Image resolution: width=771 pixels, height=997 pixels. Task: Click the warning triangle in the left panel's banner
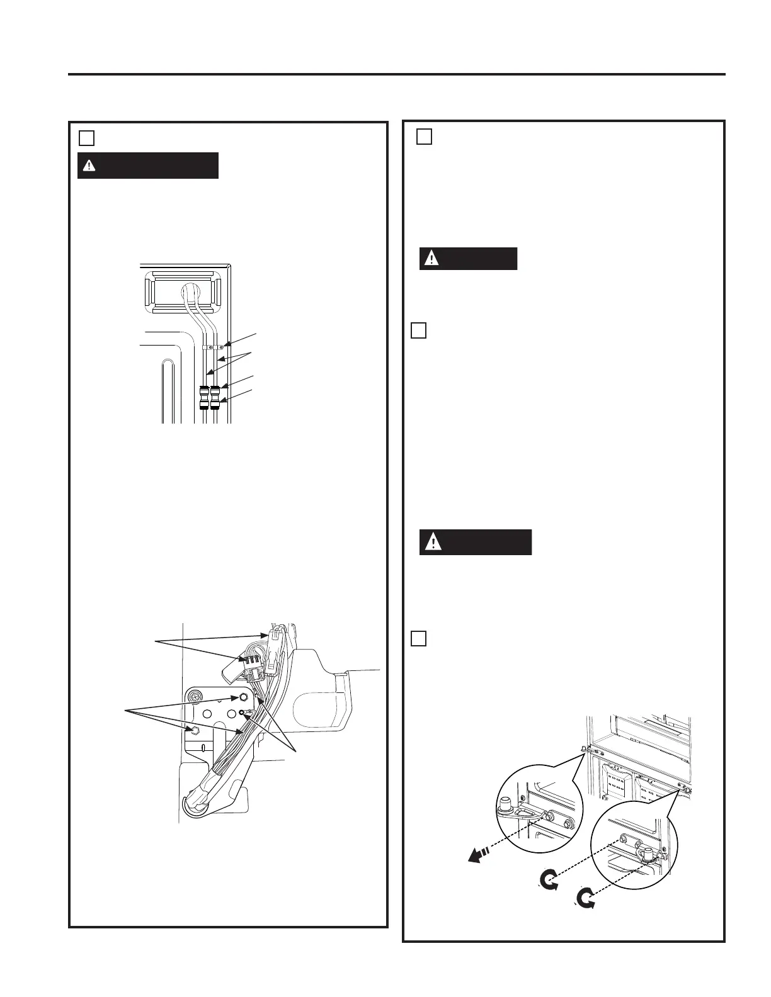click(x=90, y=166)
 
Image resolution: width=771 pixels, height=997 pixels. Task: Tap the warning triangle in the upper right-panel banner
click(x=431, y=259)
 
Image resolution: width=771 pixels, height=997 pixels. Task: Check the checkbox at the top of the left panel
click(x=87, y=138)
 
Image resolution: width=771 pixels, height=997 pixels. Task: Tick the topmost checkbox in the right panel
click(x=425, y=137)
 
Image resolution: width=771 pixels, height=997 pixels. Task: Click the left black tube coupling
click(x=204, y=398)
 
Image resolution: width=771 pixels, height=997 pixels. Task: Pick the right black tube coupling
click(x=216, y=398)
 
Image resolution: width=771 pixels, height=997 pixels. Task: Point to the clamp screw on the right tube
click(x=221, y=346)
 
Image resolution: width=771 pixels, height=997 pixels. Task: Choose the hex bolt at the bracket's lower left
click(x=195, y=729)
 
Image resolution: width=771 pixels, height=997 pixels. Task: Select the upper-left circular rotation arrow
click(x=549, y=879)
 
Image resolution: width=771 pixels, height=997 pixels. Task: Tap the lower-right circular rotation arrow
click(x=587, y=900)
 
